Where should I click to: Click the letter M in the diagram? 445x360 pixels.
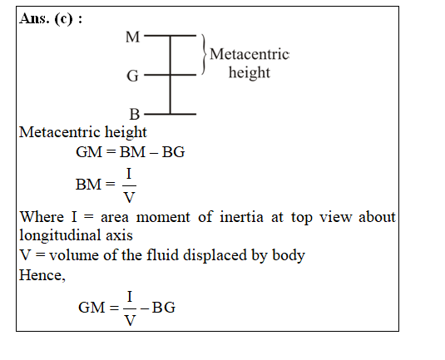point(132,37)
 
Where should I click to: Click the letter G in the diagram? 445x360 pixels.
point(132,76)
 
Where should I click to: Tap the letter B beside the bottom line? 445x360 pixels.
point(135,114)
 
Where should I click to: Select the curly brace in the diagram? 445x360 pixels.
point(203,55)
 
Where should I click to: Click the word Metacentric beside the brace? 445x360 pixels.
point(250,54)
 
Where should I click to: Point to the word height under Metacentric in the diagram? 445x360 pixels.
point(250,72)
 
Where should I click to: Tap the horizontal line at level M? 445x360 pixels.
point(170,36)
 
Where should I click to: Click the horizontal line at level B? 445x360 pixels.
point(170,114)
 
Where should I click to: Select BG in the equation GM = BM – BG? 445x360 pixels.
point(173,152)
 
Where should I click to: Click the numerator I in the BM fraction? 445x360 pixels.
point(129,174)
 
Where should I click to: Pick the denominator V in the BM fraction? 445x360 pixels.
point(129,197)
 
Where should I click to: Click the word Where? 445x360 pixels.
point(42,217)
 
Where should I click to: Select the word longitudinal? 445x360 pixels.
point(60,236)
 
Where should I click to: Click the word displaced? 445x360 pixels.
point(215,255)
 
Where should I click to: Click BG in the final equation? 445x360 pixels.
point(164,308)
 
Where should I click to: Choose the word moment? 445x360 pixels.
point(163,218)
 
